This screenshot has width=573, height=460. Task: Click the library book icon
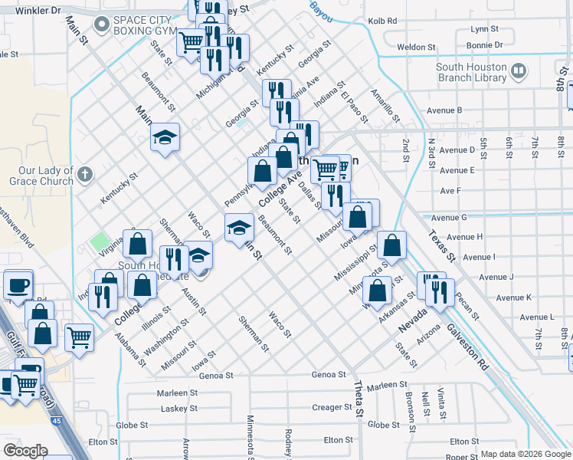pyautogui.click(x=519, y=72)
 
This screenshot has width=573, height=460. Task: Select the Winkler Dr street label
pyautogui.click(x=34, y=11)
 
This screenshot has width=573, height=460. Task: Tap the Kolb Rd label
pyautogui.click(x=382, y=21)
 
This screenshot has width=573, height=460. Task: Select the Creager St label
pyautogui.click(x=332, y=407)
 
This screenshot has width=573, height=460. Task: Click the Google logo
pyautogui.click(x=25, y=450)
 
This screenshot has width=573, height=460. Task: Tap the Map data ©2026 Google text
pyautogui.click(x=526, y=454)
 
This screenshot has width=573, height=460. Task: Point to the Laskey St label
pyautogui.click(x=179, y=409)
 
